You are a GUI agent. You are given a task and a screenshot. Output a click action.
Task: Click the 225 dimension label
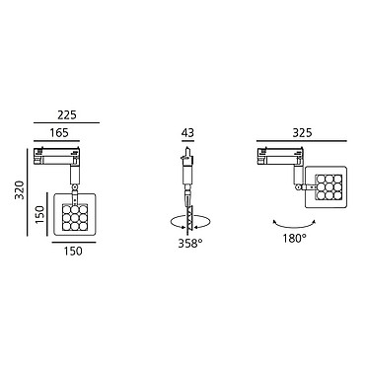[x=67, y=115]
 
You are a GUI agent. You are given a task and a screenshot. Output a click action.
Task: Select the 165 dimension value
[x=59, y=132]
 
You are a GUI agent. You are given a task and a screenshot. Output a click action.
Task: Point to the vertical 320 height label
[x=21, y=189]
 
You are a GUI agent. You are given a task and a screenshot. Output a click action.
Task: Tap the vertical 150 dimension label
[x=39, y=214]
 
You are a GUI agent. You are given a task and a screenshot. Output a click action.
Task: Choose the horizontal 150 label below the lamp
[x=73, y=251]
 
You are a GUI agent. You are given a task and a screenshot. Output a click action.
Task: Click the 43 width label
[x=187, y=132]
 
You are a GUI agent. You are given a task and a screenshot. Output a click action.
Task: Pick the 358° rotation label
[x=190, y=244]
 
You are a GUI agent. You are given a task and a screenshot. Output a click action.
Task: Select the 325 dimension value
[x=302, y=132]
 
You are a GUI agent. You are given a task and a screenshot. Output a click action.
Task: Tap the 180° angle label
[x=295, y=238]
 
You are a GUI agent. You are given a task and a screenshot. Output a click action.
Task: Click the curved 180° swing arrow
[x=294, y=227]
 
